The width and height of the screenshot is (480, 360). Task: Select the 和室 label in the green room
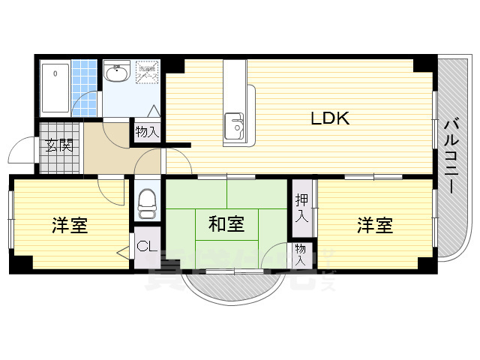[226, 223]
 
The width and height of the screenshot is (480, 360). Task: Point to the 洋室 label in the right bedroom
[374, 225]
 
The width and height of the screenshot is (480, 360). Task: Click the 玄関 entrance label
[58, 145]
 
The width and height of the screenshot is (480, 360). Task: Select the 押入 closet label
[301, 208]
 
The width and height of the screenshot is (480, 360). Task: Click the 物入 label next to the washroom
[147, 132]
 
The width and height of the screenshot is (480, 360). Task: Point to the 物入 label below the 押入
[300, 255]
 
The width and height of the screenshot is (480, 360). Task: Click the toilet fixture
[147, 202]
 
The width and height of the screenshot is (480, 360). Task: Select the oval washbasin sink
[117, 74]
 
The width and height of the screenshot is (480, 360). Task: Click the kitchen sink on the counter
[235, 124]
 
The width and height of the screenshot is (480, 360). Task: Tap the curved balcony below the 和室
[225, 289]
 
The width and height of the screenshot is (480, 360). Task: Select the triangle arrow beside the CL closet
[123, 253]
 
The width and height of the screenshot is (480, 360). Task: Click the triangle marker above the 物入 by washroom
[154, 111]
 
